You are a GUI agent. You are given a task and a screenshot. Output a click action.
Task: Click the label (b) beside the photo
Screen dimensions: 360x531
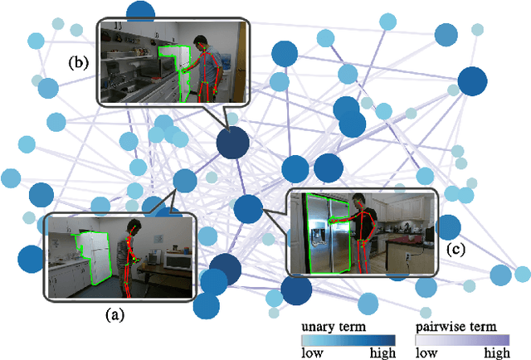click(80, 61)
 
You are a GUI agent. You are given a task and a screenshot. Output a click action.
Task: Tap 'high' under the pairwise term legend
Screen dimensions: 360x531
click(496, 352)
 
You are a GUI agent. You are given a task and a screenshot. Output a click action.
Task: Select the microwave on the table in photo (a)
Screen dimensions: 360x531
click(176, 260)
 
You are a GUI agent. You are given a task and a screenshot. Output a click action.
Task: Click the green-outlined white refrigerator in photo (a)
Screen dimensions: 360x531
click(94, 254)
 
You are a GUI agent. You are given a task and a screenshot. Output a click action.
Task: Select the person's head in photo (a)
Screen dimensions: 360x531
click(131, 226)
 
